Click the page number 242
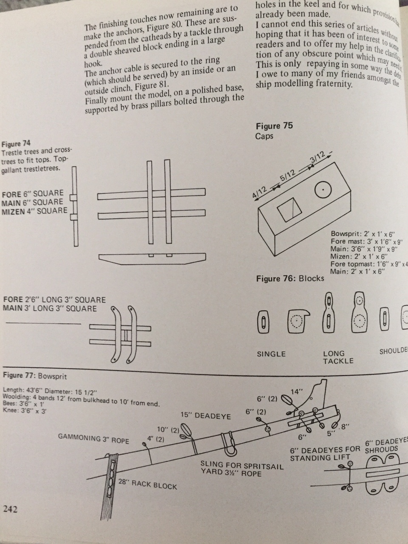11,509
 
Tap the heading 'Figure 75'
274,126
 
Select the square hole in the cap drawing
289,210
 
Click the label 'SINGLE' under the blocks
271,354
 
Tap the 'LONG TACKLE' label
338,357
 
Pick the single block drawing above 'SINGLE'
264,322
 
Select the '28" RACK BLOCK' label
147,484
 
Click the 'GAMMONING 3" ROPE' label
93,438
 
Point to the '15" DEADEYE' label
206,416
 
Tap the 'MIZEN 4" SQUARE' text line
34,211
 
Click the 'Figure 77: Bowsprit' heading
34,376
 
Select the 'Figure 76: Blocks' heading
290,278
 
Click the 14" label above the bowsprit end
295,392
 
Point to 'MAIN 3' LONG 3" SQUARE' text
50,309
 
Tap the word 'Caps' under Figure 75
264,136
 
